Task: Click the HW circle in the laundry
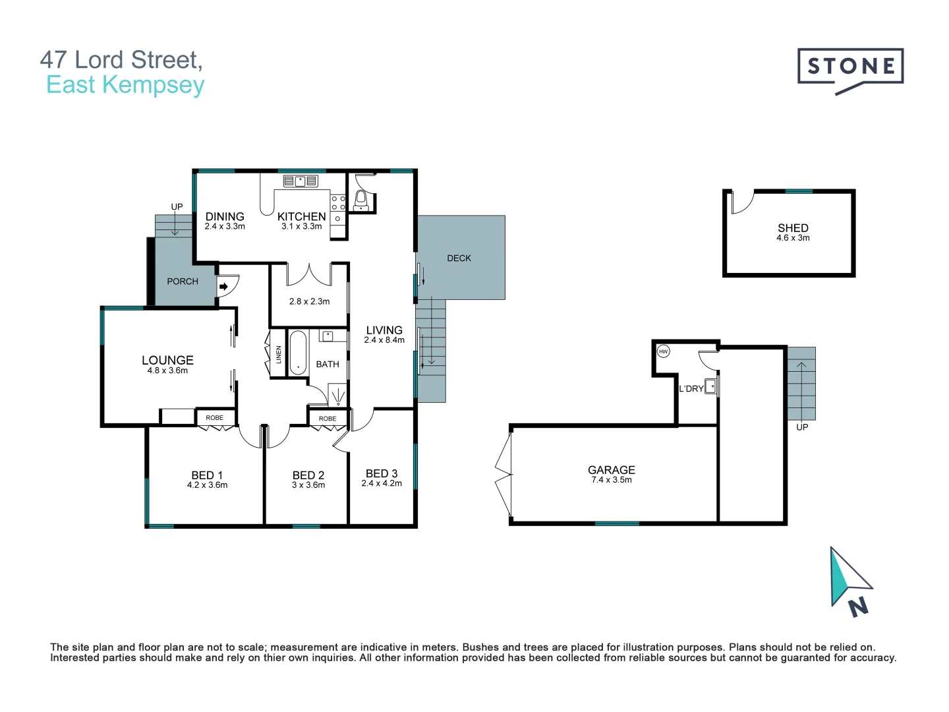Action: pyautogui.click(x=663, y=351)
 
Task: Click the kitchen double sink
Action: pyautogui.click(x=301, y=181)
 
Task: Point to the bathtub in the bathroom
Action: pyautogui.click(x=298, y=353)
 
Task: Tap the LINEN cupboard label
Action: pyautogui.click(x=278, y=355)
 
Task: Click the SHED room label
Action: pyautogui.click(x=793, y=228)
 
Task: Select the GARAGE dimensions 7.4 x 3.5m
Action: pyautogui.click(x=612, y=480)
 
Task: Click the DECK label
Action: pyautogui.click(x=459, y=258)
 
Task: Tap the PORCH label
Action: pyautogui.click(x=183, y=282)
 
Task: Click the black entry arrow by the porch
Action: pyautogui.click(x=223, y=286)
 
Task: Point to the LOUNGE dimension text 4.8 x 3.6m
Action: pyautogui.click(x=167, y=371)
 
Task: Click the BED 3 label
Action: pyautogui.click(x=382, y=473)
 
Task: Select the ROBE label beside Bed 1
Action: pyautogui.click(x=214, y=417)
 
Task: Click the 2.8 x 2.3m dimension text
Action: pyautogui.click(x=309, y=301)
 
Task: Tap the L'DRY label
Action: pyautogui.click(x=691, y=389)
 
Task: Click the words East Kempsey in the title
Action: pyautogui.click(x=125, y=85)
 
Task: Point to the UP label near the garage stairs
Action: pyautogui.click(x=802, y=427)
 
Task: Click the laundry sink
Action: pyautogui.click(x=710, y=386)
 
